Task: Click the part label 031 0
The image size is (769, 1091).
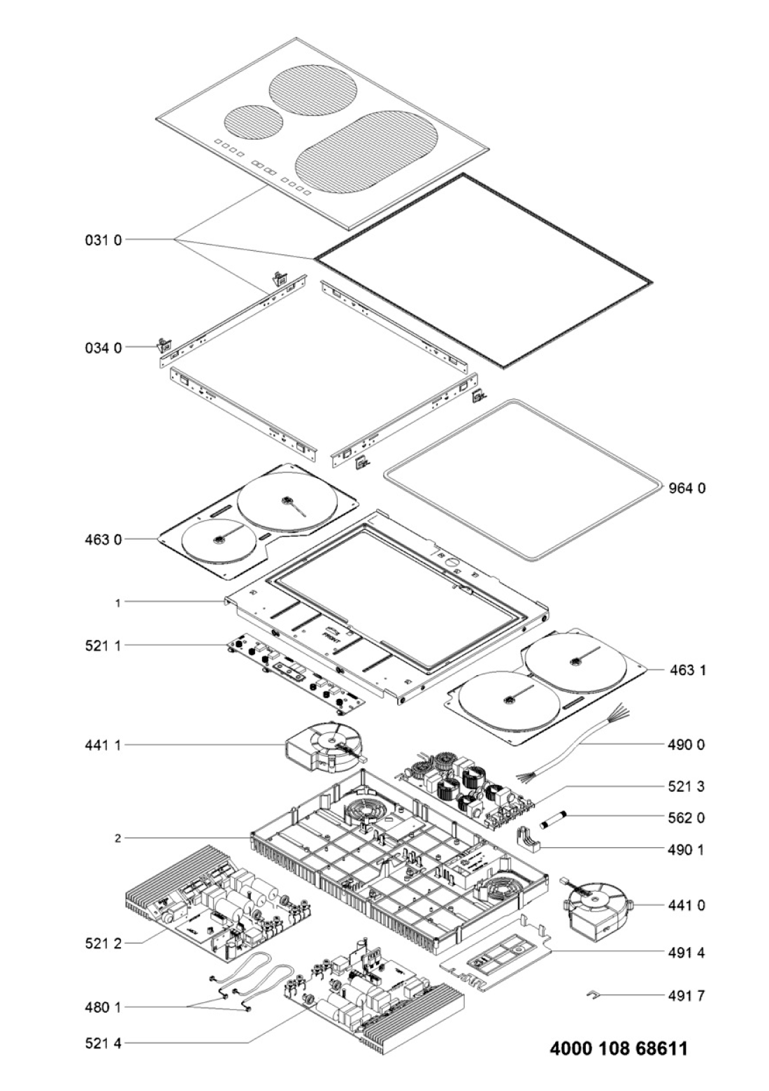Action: pyautogui.click(x=103, y=240)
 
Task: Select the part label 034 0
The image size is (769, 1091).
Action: pyautogui.click(x=103, y=348)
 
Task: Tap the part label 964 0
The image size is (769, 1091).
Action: pyautogui.click(x=687, y=488)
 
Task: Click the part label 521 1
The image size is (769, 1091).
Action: pyautogui.click(x=103, y=646)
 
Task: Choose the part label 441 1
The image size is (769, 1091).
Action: pyautogui.click(x=103, y=745)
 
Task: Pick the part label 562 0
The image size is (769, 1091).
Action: pyautogui.click(x=687, y=818)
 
